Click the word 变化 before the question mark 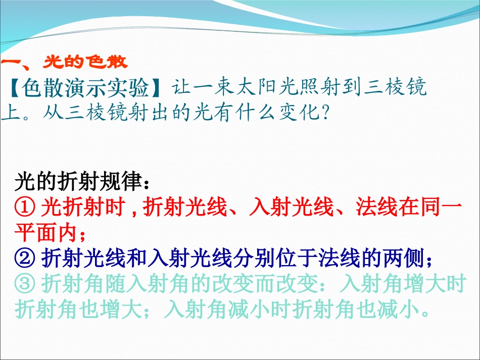(x=298, y=111)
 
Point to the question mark (x=326, y=111)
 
